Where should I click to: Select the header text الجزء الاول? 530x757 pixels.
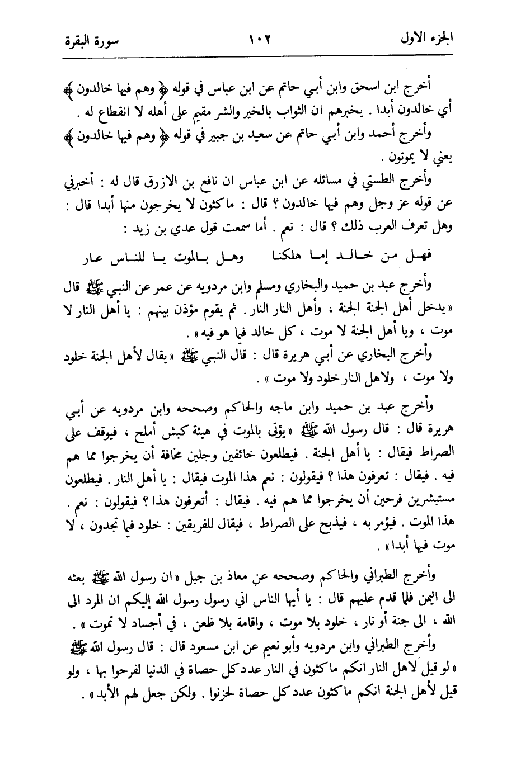click(430, 40)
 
